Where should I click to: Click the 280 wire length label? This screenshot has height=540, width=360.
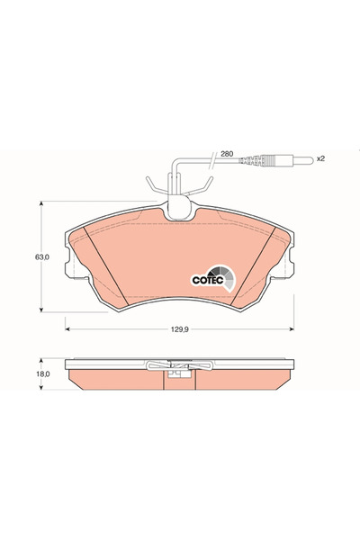(x=227, y=154)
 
